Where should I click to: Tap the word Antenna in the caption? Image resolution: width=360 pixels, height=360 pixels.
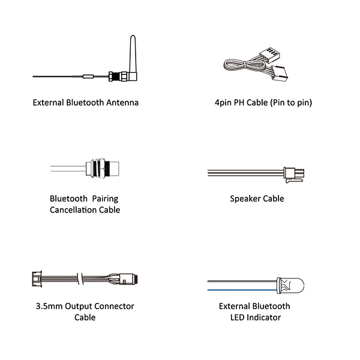pyautogui.click(x=122, y=103)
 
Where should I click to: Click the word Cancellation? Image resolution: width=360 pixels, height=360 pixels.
pyautogui.click(x=71, y=210)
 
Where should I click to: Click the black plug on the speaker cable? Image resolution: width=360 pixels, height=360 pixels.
pyautogui.click(x=296, y=173)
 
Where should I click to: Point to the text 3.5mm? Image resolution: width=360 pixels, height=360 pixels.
pyautogui.click(x=49, y=306)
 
